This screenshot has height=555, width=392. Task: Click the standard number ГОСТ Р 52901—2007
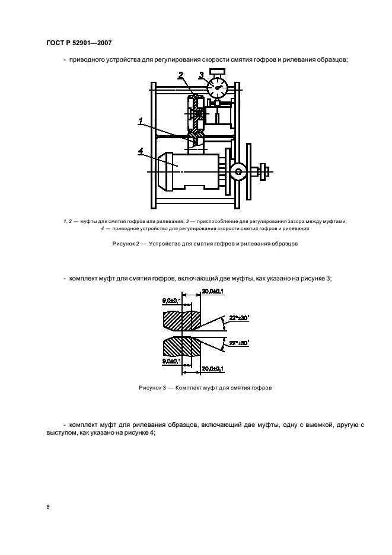[x=79, y=43]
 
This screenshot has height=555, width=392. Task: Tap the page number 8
[x=48, y=507]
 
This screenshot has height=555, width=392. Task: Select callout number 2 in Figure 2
[x=181, y=75]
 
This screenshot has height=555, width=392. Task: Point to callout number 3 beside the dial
[x=202, y=75]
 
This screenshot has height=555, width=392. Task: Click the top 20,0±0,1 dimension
[x=212, y=291]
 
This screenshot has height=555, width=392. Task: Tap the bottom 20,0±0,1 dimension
[x=212, y=369]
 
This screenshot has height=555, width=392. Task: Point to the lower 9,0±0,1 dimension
[x=172, y=361]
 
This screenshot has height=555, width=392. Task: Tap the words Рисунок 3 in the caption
[x=152, y=388]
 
